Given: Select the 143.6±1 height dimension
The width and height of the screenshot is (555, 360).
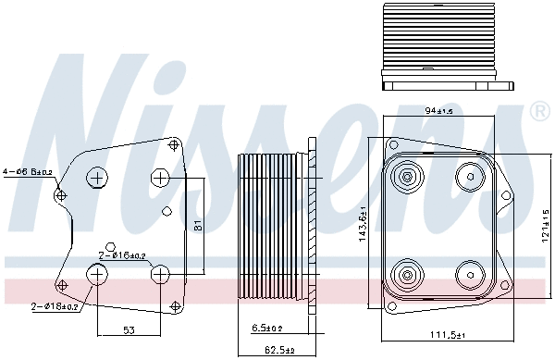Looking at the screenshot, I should click(x=362, y=222).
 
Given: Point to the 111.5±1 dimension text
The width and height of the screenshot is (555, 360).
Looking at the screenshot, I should click(x=450, y=334).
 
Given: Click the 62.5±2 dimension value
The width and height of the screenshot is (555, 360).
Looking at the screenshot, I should click(x=275, y=349).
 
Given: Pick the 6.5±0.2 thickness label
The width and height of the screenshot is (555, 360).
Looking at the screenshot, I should click(x=267, y=328).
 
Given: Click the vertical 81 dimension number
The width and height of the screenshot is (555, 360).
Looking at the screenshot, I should click(x=197, y=223).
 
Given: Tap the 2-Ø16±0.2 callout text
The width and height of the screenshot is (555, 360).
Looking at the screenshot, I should click(x=122, y=255).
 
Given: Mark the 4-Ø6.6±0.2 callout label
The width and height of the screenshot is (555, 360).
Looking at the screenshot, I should click(x=27, y=170).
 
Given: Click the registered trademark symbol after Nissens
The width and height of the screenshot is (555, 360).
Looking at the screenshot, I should click(x=539, y=112).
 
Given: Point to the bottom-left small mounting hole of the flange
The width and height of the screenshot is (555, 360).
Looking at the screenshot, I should click(x=62, y=283).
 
